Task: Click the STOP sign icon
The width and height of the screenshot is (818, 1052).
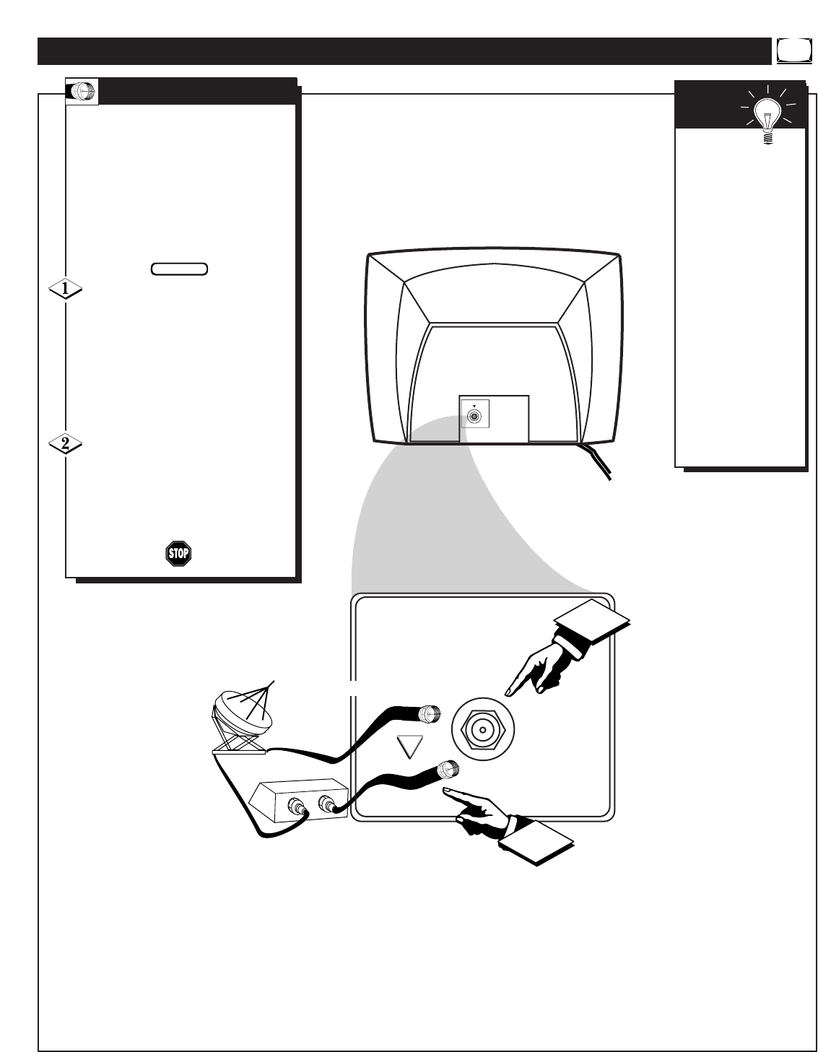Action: [x=178, y=554]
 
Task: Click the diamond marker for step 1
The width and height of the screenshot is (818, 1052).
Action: [x=65, y=289]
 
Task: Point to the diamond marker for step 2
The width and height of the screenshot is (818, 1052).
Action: [x=65, y=444]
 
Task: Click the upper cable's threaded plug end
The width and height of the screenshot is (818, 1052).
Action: [x=430, y=714]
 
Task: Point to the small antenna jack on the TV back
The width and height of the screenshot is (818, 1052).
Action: [x=474, y=416]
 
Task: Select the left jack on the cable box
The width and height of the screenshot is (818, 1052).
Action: [x=297, y=807]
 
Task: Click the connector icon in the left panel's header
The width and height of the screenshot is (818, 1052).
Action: [x=82, y=91]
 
